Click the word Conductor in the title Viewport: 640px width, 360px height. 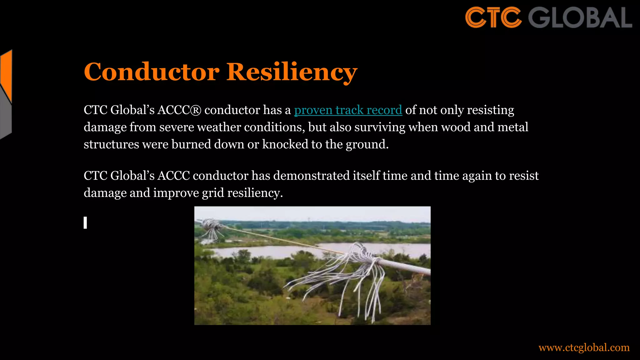pos(152,72)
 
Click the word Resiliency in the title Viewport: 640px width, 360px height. pos(292,72)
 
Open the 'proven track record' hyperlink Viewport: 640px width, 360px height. pos(348,110)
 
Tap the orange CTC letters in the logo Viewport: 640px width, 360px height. pos(493,17)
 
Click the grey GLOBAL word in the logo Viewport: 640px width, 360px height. pos(580,17)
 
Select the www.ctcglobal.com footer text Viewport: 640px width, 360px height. pos(584,347)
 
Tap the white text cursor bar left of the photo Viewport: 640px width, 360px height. pos(85,223)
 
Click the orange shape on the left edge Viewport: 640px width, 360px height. pos(6,75)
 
